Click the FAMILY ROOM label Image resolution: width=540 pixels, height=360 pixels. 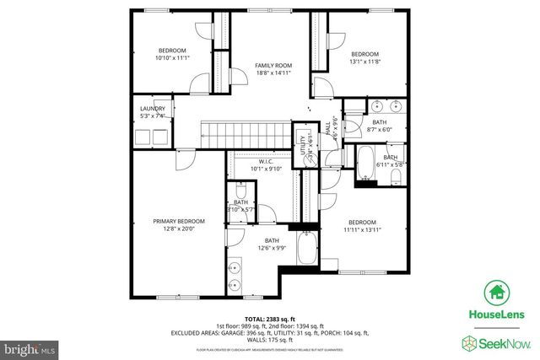pyautogui.click(x=273, y=66)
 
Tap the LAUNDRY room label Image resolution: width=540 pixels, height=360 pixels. pyautogui.click(x=152, y=109)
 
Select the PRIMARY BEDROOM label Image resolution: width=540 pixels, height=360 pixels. pyautogui.click(x=179, y=221)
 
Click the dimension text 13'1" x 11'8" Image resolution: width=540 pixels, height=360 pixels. pyautogui.click(x=365, y=62)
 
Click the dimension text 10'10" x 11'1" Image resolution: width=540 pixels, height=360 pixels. pyautogui.click(x=172, y=58)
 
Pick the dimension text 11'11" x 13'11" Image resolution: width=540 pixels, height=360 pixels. pyautogui.click(x=362, y=229)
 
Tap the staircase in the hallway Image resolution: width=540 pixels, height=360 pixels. pyautogui.click(x=246, y=133)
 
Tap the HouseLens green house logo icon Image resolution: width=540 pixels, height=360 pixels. pyautogui.click(x=495, y=293)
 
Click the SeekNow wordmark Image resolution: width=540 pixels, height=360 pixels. pyautogui.click(x=503, y=342)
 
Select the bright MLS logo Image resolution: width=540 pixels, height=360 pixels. pyautogui.click(x=30, y=347)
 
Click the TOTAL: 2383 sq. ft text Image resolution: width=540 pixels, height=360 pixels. pyautogui.click(x=269, y=317)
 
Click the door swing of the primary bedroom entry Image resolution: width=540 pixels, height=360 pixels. pyautogui.click(x=185, y=161)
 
